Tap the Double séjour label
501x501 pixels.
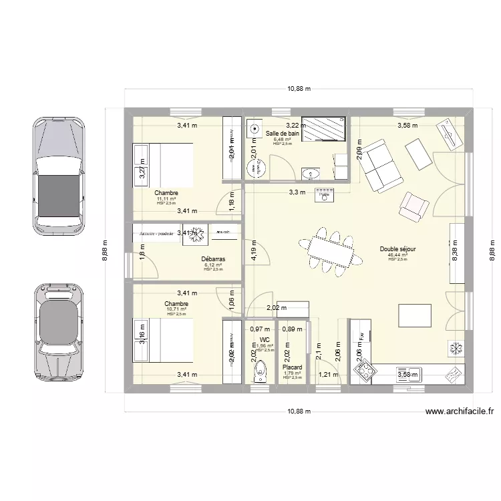click(397, 249)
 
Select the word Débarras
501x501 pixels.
click(212, 259)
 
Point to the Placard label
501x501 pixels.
click(292, 367)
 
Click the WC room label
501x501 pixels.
click(265, 340)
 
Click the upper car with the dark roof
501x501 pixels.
click(59, 177)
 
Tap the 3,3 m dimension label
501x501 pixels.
click(297, 192)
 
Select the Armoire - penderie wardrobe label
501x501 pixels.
click(156, 233)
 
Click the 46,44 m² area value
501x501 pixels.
click(397, 255)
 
